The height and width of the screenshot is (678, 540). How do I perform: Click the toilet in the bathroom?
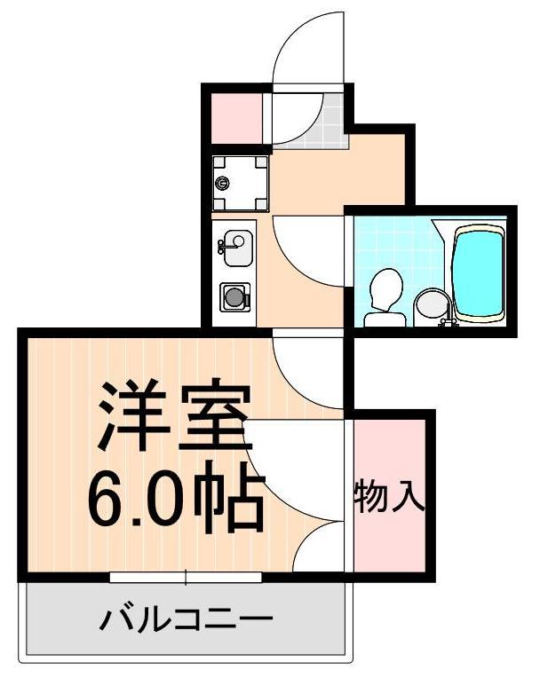click(x=385, y=296)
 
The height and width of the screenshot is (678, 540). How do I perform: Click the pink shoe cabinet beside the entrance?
click(x=234, y=116)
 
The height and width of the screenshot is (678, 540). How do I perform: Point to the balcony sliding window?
click(x=186, y=578)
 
